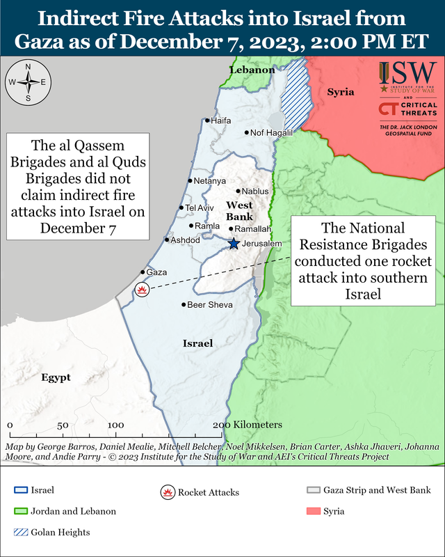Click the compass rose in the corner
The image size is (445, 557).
[x=28, y=82]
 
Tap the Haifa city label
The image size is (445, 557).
[x=220, y=120]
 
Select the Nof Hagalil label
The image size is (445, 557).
[x=267, y=133]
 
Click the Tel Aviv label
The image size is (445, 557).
[x=200, y=207]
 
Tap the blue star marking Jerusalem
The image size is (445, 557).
[x=234, y=244]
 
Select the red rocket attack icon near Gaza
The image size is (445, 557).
[x=143, y=290]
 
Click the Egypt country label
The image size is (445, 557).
[x=56, y=377]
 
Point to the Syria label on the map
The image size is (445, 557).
[x=341, y=92]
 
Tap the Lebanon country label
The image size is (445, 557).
[x=252, y=70]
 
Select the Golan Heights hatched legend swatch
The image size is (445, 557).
[x=20, y=533]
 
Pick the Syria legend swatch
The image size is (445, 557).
[x=312, y=512]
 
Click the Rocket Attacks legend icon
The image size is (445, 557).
[x=167, y=492]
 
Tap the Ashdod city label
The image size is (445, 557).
[x=186, y=240]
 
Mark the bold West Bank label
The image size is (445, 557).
[x=240, y=211]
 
